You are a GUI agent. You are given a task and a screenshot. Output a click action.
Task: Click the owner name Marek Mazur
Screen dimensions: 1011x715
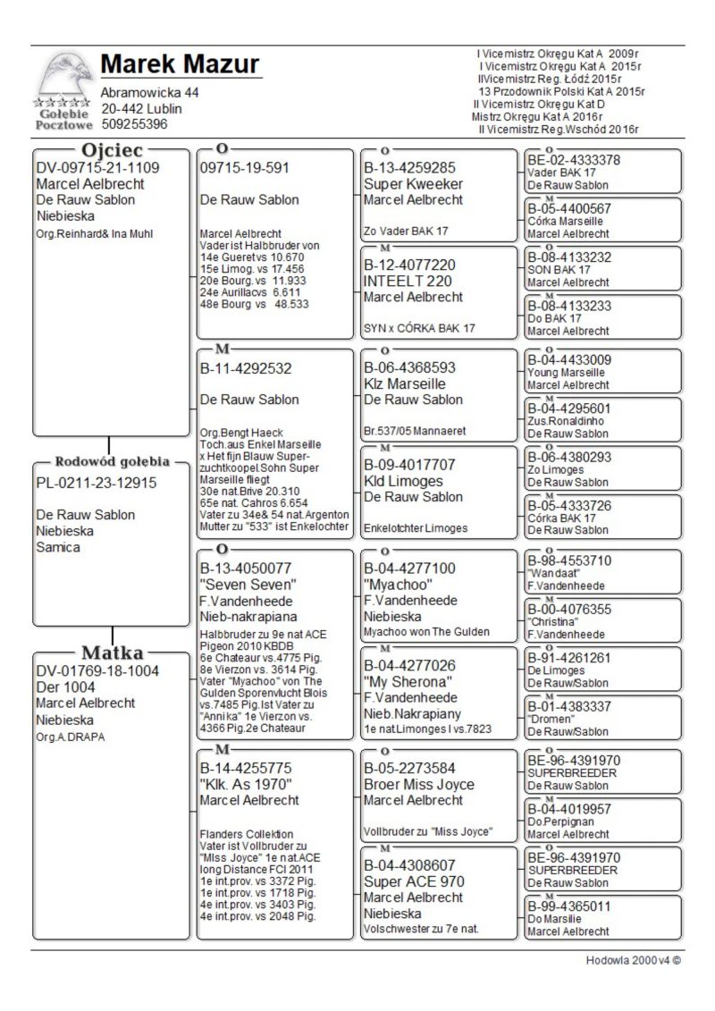point(180,65)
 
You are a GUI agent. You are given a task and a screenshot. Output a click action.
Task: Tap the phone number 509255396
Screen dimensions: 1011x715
point(134,124)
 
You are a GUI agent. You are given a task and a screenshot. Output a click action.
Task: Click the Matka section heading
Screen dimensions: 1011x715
point(112,652)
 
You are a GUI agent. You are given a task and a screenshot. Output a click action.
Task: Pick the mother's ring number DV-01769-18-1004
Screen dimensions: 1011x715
point(97,670)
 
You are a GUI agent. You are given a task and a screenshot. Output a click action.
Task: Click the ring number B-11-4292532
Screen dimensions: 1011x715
point(246,367)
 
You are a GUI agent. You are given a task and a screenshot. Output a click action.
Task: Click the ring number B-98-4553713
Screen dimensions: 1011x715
point(569,560)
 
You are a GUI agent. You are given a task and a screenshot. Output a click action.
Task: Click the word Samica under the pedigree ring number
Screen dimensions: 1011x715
point(58,547)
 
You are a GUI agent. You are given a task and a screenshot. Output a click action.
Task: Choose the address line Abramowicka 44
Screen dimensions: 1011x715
point(150,93)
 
